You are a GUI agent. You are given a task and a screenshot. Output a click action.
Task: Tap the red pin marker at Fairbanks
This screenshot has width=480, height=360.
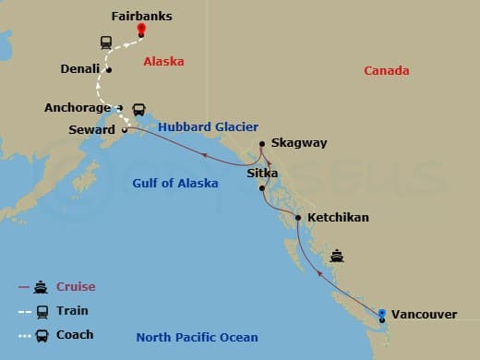(141, 30)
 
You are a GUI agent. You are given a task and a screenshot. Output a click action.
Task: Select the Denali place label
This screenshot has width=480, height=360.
(79, 68)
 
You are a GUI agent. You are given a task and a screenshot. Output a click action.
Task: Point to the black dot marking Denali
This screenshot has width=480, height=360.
(109, 69)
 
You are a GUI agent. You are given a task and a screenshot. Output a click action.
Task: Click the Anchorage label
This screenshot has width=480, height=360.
(78, 107)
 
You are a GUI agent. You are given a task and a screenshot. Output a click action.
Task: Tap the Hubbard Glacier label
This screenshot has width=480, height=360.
(207, 126)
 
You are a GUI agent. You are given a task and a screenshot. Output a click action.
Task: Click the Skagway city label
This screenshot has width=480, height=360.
(300, 144)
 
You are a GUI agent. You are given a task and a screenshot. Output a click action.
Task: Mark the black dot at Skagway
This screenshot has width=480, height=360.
(262, 144)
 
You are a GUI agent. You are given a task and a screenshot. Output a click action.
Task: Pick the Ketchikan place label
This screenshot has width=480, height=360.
(337, 218)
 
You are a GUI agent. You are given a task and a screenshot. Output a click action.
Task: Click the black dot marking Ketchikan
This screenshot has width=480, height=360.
(297, 218)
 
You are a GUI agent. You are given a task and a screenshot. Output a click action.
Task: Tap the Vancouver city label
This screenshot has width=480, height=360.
(424, 315)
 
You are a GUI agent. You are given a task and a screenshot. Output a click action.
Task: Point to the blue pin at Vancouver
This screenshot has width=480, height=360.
(382, 313)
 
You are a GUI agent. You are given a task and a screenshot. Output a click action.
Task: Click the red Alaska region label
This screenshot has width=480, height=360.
(163, 62)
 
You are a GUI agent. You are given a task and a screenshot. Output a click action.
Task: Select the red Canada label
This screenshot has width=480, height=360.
(387, 71)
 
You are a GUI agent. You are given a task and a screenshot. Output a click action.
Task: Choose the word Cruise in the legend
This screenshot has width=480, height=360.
(76, 286)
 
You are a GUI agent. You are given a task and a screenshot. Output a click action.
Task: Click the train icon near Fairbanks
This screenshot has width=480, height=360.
(106, 42)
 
